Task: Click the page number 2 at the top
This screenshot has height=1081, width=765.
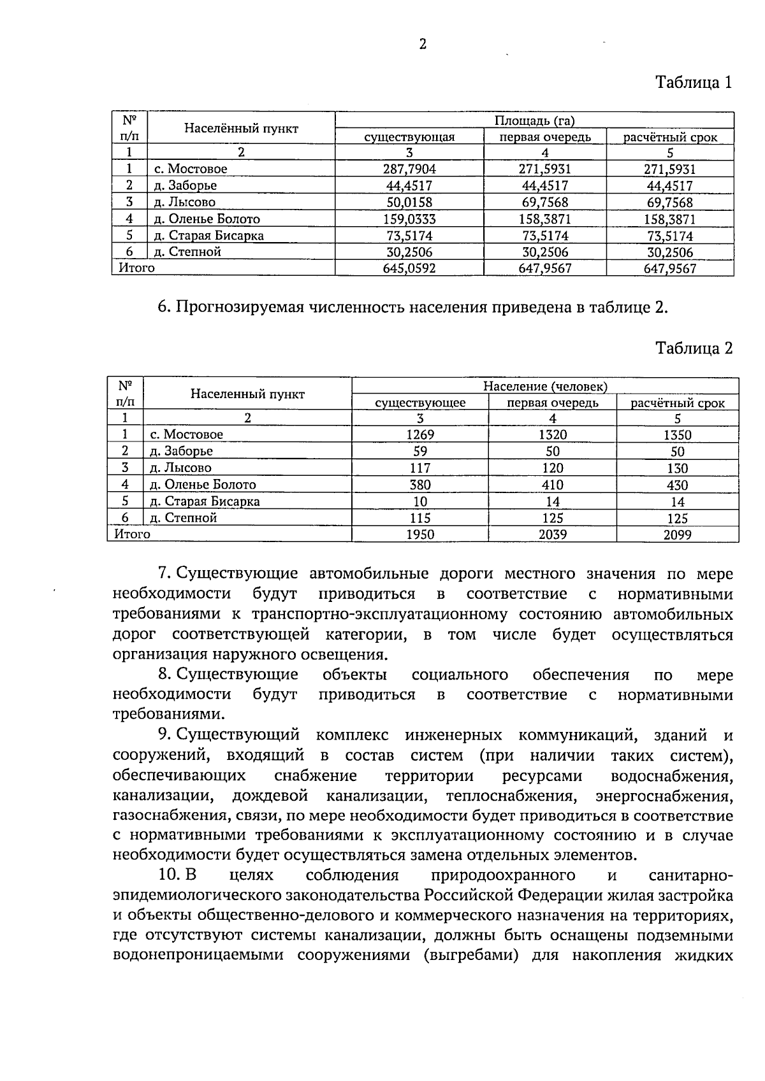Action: [x=422, y=44]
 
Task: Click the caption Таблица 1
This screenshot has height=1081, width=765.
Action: [x=694, y=82]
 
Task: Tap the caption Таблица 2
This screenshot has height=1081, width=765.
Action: [x=694, y=348]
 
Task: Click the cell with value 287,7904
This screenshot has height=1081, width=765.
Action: [x=409, y=169]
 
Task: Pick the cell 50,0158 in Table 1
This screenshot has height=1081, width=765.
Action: [x=409, y=203]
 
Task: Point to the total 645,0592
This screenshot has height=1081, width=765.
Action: [x=409, y=268]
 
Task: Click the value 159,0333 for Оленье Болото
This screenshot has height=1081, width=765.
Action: [x=409, y=219]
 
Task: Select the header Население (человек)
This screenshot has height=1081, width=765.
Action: [x=545, y=386]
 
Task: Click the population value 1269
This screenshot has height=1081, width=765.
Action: [x=420, y=435]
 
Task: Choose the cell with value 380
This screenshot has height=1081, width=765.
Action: [x=420, y=485]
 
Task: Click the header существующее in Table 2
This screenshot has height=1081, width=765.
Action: [x=420, y=403]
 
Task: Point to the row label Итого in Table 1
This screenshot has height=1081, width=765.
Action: [x=135, y=268]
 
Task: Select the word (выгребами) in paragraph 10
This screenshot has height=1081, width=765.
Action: [x=470, y=956]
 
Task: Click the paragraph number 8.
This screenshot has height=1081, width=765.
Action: [x=164, y=675]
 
